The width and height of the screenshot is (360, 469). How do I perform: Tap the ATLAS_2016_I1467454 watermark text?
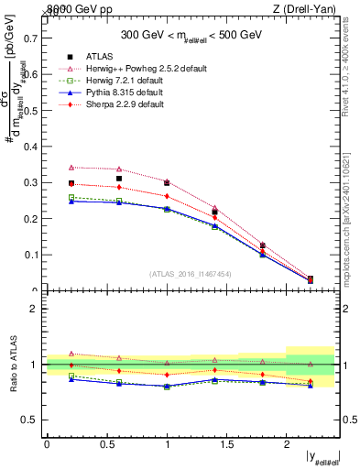190,273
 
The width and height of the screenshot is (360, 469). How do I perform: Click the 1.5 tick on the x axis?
227,444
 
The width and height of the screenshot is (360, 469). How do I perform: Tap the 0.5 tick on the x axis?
107,444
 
